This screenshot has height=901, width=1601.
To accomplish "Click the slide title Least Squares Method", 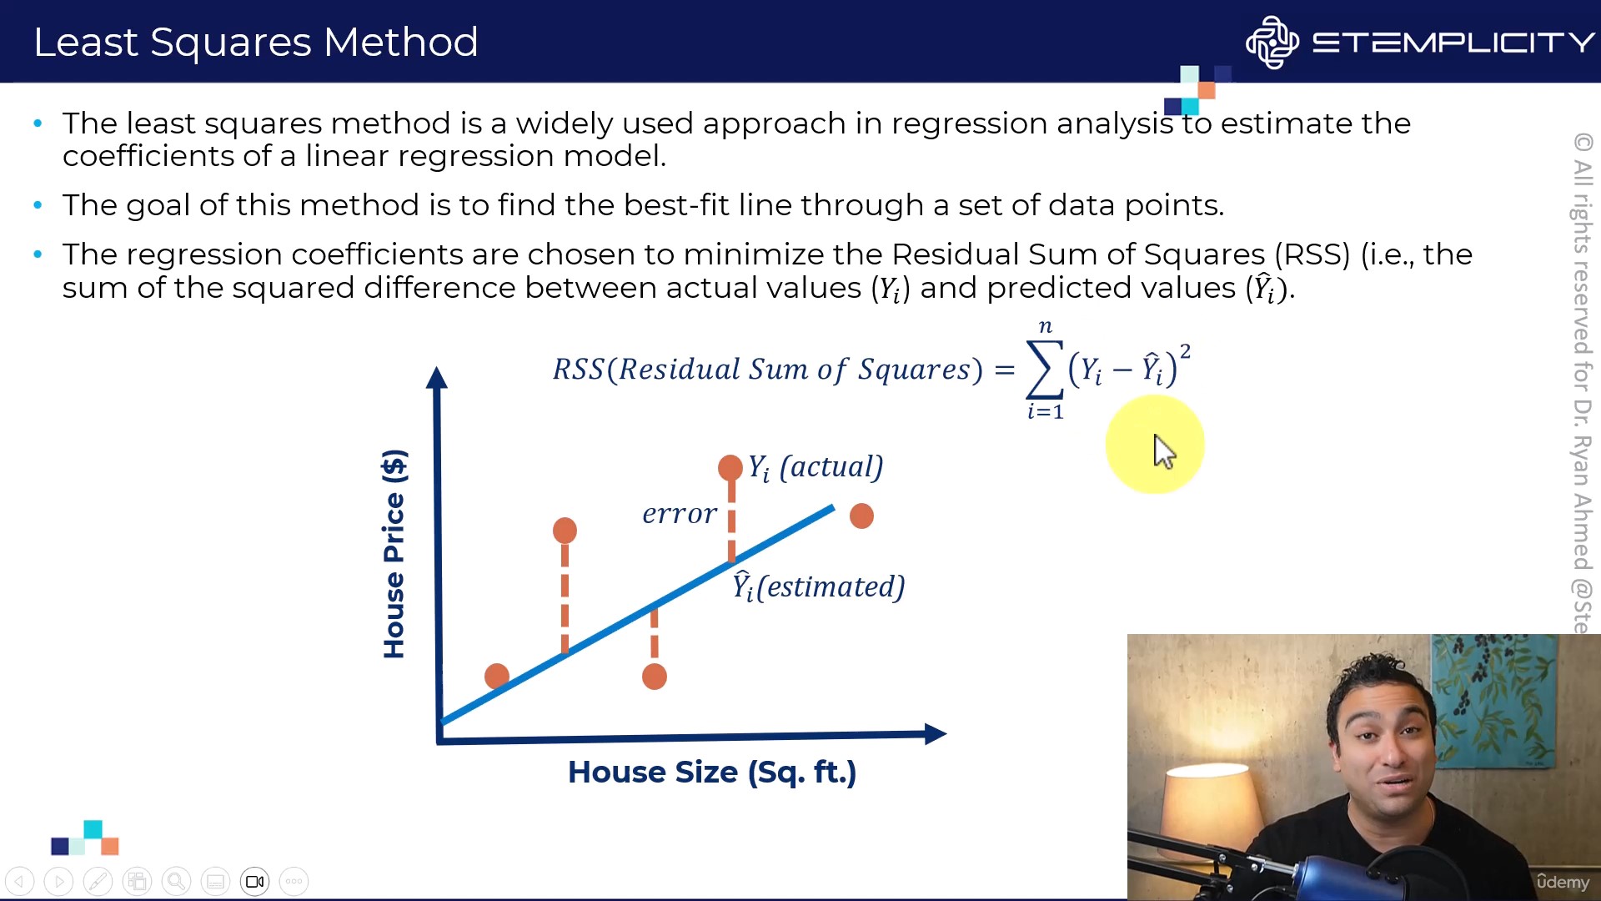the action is pos(255,42).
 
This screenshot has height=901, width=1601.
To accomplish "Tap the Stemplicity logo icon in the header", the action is pos(1272,42).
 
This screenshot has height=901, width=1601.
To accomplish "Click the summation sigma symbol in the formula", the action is pos(1046,369).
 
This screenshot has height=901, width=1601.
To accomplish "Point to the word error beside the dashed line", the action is pos(680,513).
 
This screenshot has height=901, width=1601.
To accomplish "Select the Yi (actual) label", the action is pos(815,467).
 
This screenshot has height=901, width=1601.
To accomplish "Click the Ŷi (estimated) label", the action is pos(818,586).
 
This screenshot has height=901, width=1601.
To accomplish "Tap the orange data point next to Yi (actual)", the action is pos(730,467).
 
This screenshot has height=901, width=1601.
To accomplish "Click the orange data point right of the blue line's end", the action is pos(861,516).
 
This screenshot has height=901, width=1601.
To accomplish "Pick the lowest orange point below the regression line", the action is pos(655,677).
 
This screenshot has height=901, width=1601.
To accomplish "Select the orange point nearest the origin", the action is pos(497,676).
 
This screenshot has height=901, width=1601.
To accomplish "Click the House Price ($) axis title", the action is pos(394,554).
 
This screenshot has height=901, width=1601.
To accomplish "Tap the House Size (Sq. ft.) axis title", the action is pos(712,773).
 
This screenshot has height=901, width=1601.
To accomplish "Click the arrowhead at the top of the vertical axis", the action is pos(436,377).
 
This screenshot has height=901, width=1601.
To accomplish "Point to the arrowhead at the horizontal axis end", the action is pos(936,734).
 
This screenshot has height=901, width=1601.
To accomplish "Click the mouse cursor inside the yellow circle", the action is pos(1164,451).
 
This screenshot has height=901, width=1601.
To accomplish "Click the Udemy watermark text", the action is pos(1563,882).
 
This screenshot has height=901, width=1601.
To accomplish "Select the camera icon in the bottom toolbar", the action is pos(255,881).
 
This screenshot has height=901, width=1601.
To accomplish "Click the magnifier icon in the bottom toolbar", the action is pos(176,881).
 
